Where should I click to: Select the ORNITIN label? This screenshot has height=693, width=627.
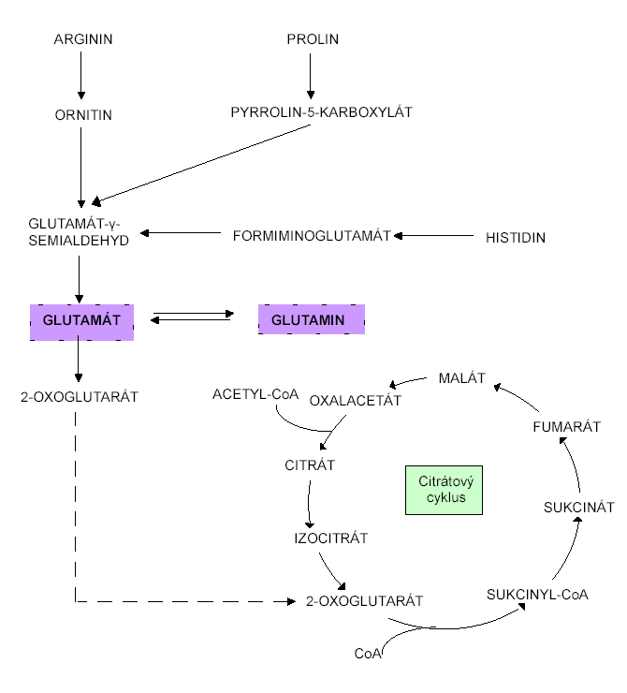pos(81,114)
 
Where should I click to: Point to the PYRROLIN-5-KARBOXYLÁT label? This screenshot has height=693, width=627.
pos(321,112)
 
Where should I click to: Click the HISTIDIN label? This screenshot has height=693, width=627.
pos(515,238)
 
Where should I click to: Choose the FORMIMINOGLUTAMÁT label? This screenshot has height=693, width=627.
pos(311,235)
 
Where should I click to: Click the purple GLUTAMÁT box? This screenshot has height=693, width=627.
pos(82,321)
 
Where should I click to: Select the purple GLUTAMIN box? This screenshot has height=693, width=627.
pos(311,320)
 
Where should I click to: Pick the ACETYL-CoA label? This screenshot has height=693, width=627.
pos(255,394)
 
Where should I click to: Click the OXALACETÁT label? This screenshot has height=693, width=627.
pos(355,401)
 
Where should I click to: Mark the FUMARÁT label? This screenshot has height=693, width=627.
pos(565,426)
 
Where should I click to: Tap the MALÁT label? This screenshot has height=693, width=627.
pos(461,377)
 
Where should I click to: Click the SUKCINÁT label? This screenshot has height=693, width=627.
pos(578,508)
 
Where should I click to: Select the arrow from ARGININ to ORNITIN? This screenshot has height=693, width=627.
pos(81,75)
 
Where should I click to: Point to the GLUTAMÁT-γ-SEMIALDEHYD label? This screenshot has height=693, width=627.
pos(79,230)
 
